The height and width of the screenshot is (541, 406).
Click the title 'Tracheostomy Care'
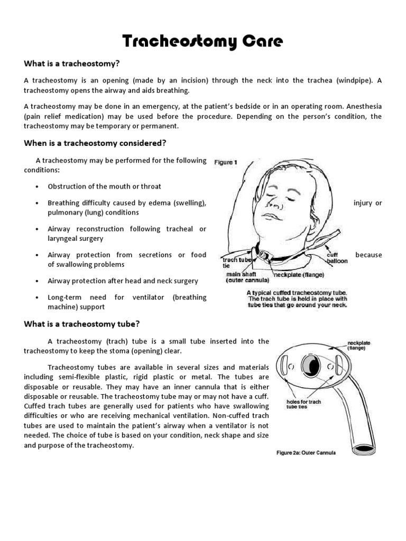pos(202,41)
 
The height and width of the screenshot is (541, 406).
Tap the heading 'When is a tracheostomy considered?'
pos(95,143)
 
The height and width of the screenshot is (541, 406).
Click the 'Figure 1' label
pos(226,163)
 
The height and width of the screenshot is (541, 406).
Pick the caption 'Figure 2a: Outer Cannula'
pos(306,452)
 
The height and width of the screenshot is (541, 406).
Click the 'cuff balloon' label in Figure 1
pos(337,257)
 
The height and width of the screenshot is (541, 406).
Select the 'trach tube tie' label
pos(235,263)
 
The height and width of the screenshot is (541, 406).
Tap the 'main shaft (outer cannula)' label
pos(247,277)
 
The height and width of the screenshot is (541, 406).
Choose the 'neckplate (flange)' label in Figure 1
pos(299,275)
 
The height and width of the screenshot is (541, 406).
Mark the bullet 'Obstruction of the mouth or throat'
pos(104,186)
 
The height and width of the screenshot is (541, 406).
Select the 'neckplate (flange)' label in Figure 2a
pos(359,346)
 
